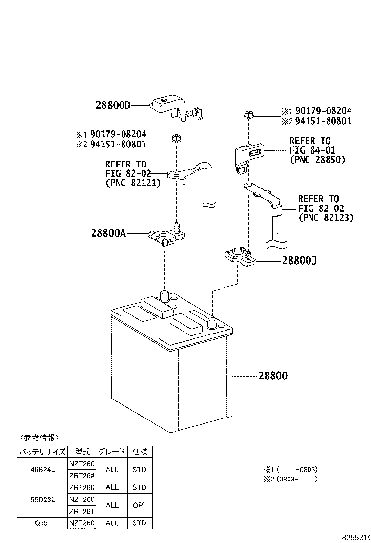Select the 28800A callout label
(108, 233)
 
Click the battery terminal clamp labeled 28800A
(166, 236)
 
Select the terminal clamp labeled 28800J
(240, 257)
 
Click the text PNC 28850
(317, 160)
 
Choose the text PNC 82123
(326, 218)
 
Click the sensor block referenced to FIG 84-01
(248, 156)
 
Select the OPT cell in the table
(139, 505)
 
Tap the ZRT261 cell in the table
(82, 512)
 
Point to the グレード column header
(112, 452)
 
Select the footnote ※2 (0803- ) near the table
(290, 479)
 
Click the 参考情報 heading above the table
(39, 437)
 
